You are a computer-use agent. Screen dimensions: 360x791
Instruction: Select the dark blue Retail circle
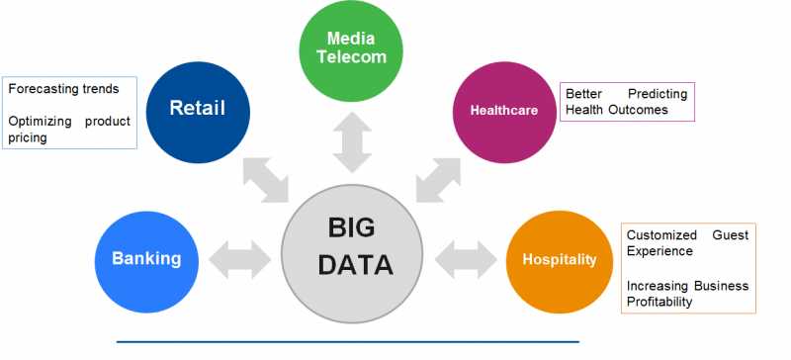198,108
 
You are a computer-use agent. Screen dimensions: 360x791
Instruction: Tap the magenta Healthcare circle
503,110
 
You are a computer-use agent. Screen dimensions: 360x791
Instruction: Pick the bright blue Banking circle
146,259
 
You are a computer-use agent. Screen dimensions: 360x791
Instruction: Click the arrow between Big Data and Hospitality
465,260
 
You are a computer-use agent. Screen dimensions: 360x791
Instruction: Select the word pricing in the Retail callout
28,138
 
